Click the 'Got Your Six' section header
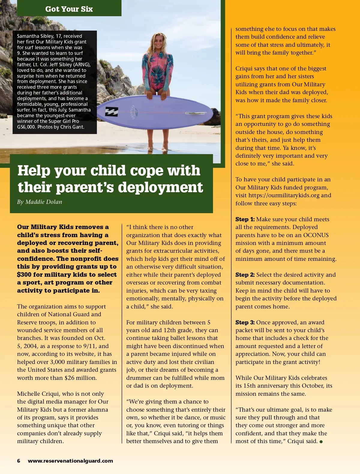[x=69, y=9]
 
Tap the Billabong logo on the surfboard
[x=111, y=112]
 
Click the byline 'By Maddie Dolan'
[x=40, y=202]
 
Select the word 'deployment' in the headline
[x=160, y=187]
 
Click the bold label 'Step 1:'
[x=245, y=219]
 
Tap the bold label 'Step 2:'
[x=245, y=275]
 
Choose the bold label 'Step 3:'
[x=245, y=322]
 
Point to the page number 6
[x=19, y=461]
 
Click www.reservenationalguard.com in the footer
[x=70, y=461]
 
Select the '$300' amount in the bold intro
[x=24, y=274]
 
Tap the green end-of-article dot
[x=321, y=442]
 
